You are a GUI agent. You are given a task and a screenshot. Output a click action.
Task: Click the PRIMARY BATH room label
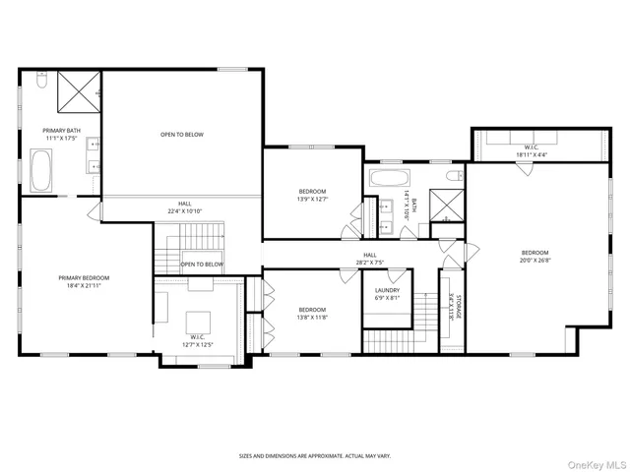coord(60,135)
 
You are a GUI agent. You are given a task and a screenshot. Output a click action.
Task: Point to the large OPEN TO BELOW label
coord(182,134)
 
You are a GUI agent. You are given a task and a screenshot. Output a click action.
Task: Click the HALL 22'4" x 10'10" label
coord(184,206)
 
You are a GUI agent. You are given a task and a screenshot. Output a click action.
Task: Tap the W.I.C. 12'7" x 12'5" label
coord(197,340)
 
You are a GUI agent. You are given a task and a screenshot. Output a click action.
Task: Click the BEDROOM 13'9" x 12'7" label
coord(312,195)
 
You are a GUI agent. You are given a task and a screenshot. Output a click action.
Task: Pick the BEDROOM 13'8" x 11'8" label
coord(312,314)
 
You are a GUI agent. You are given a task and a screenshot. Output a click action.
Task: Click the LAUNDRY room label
coord(387,294)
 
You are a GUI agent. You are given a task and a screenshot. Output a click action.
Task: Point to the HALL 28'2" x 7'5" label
coord(370,259)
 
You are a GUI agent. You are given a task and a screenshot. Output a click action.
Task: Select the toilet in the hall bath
coord(453,176)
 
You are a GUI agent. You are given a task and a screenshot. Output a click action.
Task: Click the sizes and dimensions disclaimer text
coord(315,455)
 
